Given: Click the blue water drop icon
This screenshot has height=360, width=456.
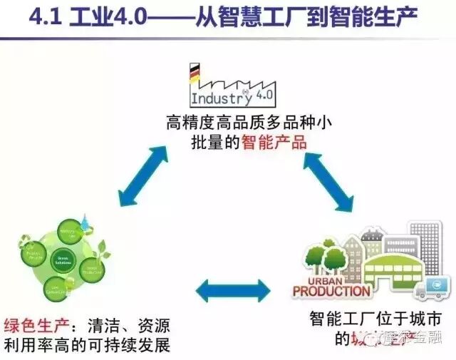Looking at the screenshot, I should pyautogui.click(x=87, y=220).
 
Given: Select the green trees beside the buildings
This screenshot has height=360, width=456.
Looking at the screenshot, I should pyautogui.click(x=321, y=257).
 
